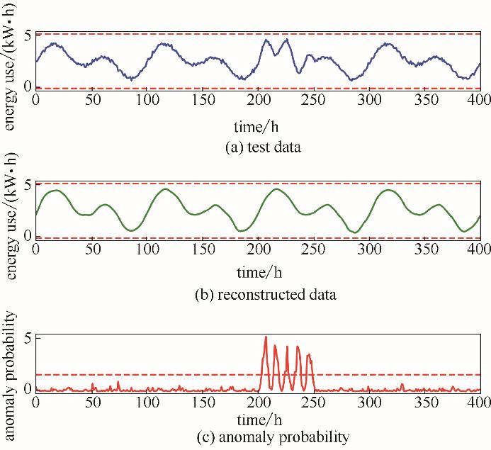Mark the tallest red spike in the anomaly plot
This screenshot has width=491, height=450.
pos(266,337)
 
